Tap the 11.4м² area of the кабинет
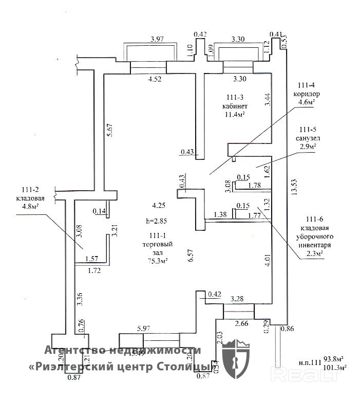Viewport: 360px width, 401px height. [x=233, y=115]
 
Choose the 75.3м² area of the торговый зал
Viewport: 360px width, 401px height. [x=158, y=261]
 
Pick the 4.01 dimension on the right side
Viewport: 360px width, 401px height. [x=267, y=259]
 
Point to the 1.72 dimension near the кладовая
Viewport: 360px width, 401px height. [x=94, y=269]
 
